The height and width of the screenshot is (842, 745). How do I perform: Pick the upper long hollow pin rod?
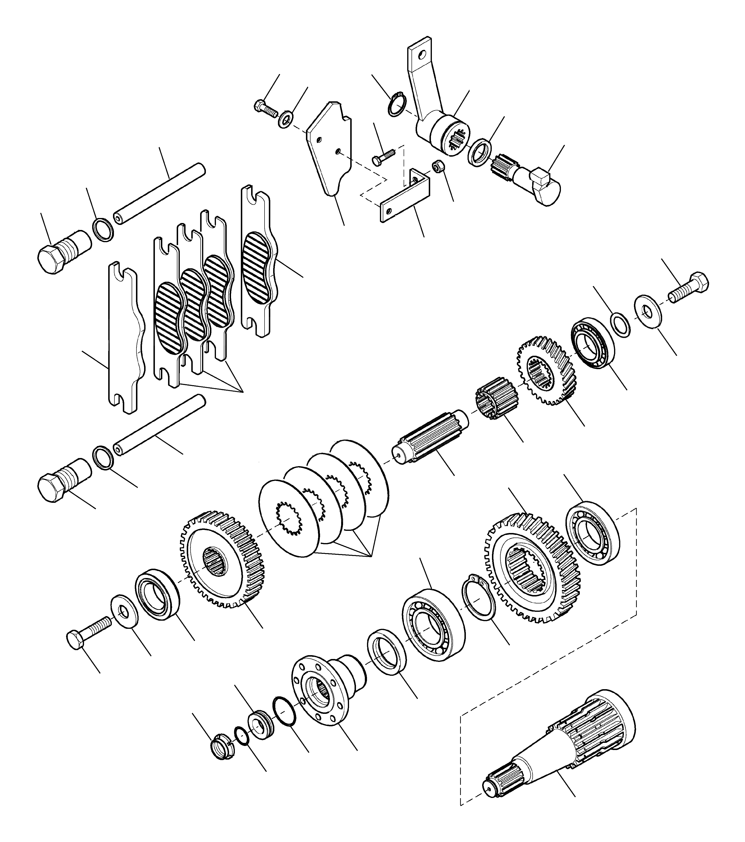point(161,193)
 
